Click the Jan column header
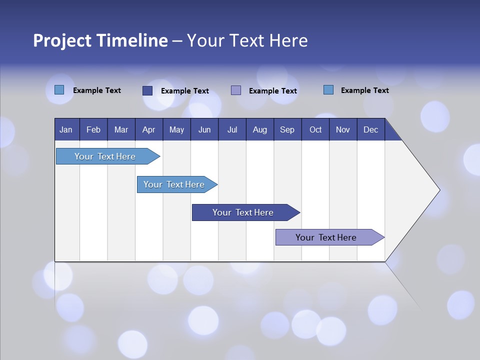[x=66, y=129]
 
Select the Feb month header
[x=93, y=129]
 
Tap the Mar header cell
[x=121, y=129]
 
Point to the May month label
[x=176, y=129]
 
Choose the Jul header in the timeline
[x=232, y=129]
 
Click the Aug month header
[x=259, y=129]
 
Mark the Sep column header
[x=287, y=129]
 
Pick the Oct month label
[x=315, y=129]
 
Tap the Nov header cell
[x=343, y=129]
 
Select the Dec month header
[x=370, y=129]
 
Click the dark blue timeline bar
[x=243, y=212]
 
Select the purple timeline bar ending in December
[x=326, y=237]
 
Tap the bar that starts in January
[x=105, y=156]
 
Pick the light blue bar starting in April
[x=174, y=184]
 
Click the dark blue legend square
[x=147, y=90]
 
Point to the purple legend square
[x=236, y=90]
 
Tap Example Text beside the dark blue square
[x=184, y=91]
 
